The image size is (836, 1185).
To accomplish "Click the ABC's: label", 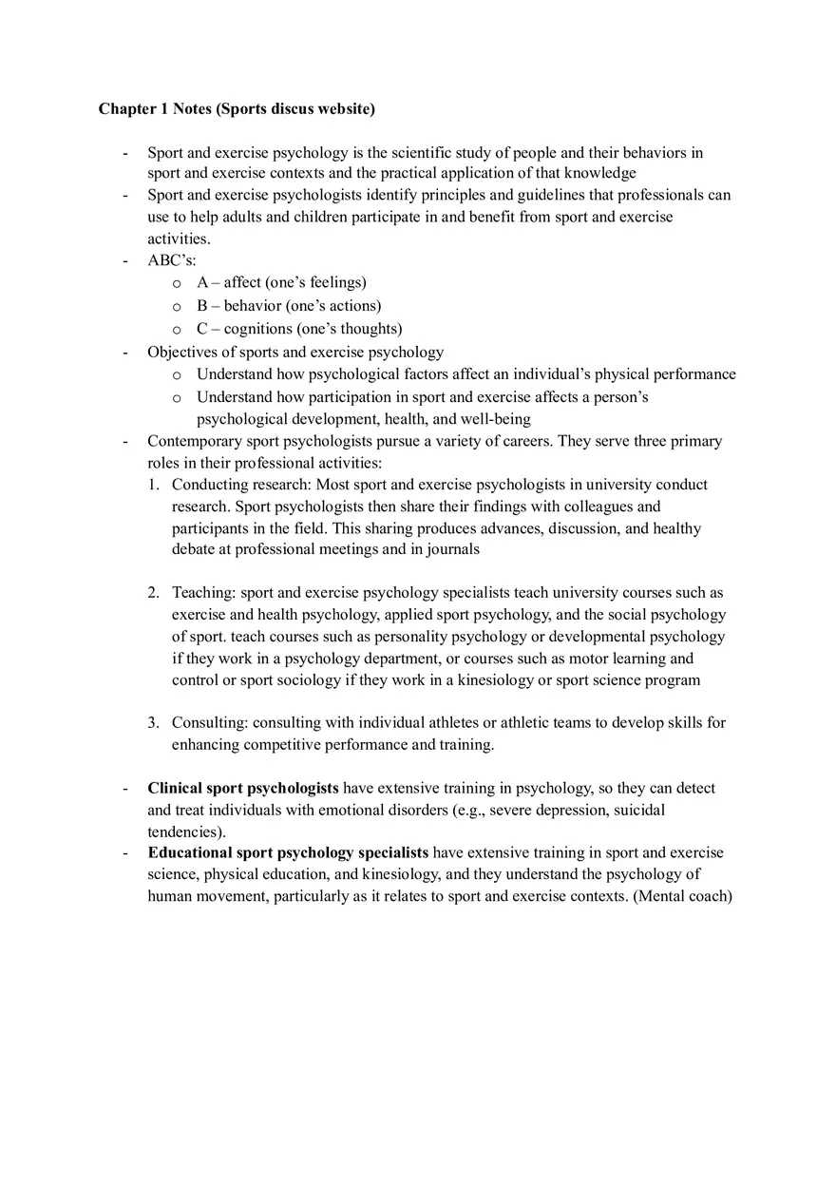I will (172, 260).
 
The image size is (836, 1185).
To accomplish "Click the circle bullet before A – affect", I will (177, 283).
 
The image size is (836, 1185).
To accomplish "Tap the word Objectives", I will (182, 352).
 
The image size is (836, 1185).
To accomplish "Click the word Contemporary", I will (195, 441).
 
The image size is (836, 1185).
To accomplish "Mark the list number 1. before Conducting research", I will (154, 485).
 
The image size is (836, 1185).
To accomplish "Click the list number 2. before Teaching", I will (154, 593).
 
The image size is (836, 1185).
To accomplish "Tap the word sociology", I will (287, 680).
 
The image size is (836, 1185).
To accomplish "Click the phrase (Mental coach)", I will (682, 895).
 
